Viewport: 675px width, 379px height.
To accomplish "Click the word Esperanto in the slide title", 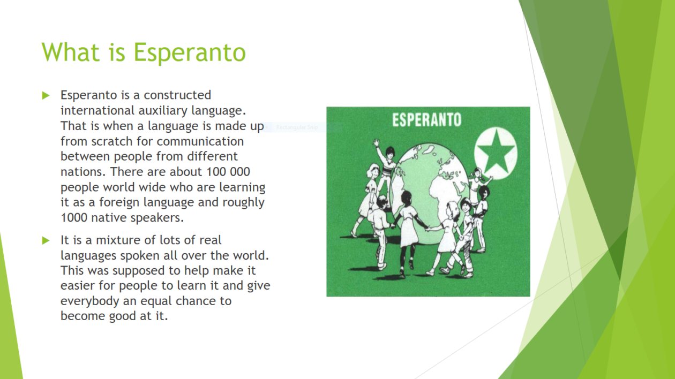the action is pos(190,52).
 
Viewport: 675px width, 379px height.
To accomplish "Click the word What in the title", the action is pos(71,52).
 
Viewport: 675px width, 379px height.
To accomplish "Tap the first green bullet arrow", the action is pos(46,96).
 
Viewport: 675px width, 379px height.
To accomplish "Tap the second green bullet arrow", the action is pos(46,240).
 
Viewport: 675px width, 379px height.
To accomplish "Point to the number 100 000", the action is pos(228,172).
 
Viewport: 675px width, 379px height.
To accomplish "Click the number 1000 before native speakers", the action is pos(74,218).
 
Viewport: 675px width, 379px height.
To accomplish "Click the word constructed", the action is pos(177,95).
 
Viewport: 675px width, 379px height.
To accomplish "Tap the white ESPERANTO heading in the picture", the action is pos(426,120).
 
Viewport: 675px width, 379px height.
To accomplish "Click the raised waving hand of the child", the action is pos(376,142).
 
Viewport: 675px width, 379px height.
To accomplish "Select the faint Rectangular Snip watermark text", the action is pos(297,127).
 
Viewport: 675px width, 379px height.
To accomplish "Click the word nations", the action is pos(83,172).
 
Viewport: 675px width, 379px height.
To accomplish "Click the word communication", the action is pos(200,141).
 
